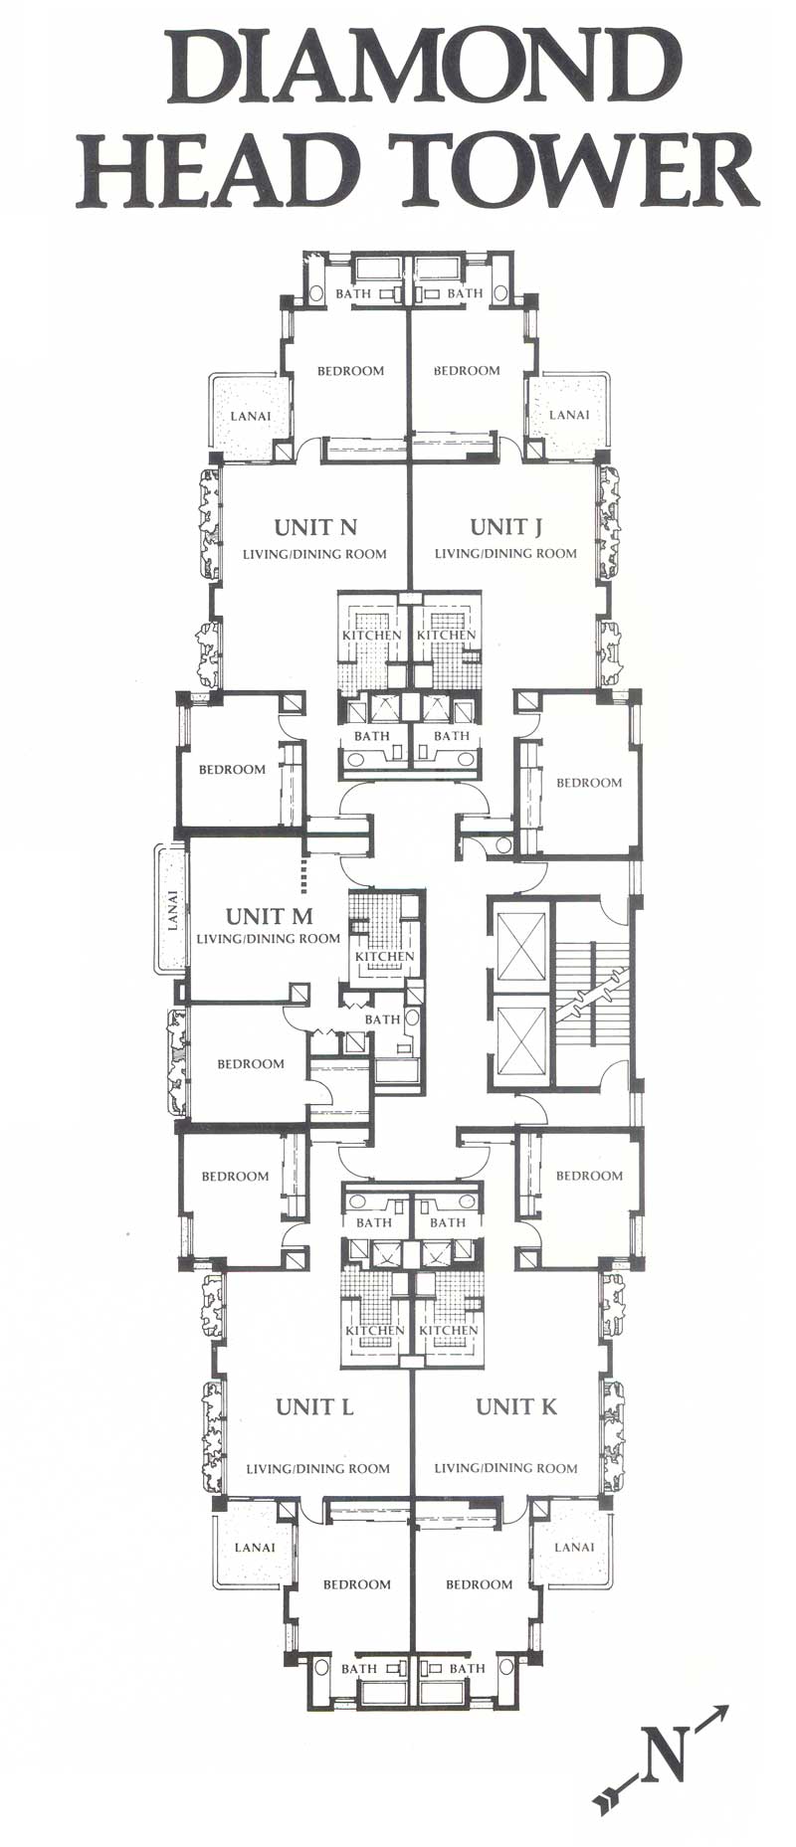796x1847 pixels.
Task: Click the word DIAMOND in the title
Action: [419, 67]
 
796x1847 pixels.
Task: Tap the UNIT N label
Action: [315, 527]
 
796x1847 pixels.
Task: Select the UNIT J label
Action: [505, 526]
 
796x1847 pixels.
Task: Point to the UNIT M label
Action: [270, 916]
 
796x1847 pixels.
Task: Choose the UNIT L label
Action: [314, 1406]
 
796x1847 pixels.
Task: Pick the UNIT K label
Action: [516, 1406]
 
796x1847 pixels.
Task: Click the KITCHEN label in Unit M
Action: [385, 957]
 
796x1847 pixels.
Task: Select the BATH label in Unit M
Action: [382, 1019]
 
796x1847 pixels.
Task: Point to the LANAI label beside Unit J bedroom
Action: [569, 415]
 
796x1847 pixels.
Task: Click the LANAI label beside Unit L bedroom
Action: [255, 1548]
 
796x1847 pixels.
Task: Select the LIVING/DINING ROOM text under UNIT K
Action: [505, 1468]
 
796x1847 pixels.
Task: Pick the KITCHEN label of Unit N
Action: [372, 635]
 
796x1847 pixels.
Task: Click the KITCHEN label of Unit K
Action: [449, 1330]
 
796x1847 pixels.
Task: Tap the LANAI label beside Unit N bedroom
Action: [251, 416]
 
